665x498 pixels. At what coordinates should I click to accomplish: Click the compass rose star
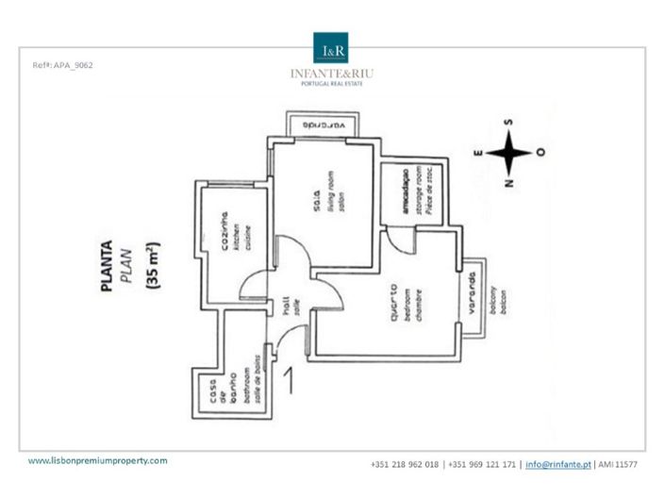click(x=509, y=152)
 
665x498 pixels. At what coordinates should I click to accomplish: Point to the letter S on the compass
click(x=509, y=123)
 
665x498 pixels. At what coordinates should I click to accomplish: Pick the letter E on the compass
click(x=478, y=152)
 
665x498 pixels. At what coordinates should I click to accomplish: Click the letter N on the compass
click(x=509, y=182)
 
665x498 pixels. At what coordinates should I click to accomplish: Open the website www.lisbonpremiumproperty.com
click(x=97, y=461)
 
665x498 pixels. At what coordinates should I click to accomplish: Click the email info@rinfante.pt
click(x=557, y=464)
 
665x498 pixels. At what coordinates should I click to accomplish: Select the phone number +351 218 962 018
click(x=406, y=464)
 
